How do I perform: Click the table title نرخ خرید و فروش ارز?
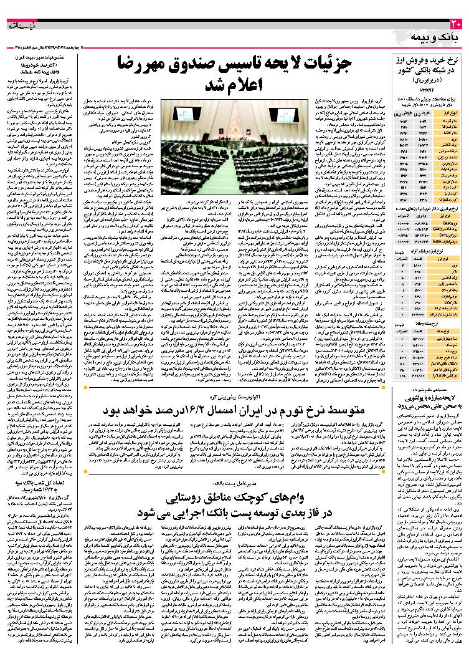coord(429,60)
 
